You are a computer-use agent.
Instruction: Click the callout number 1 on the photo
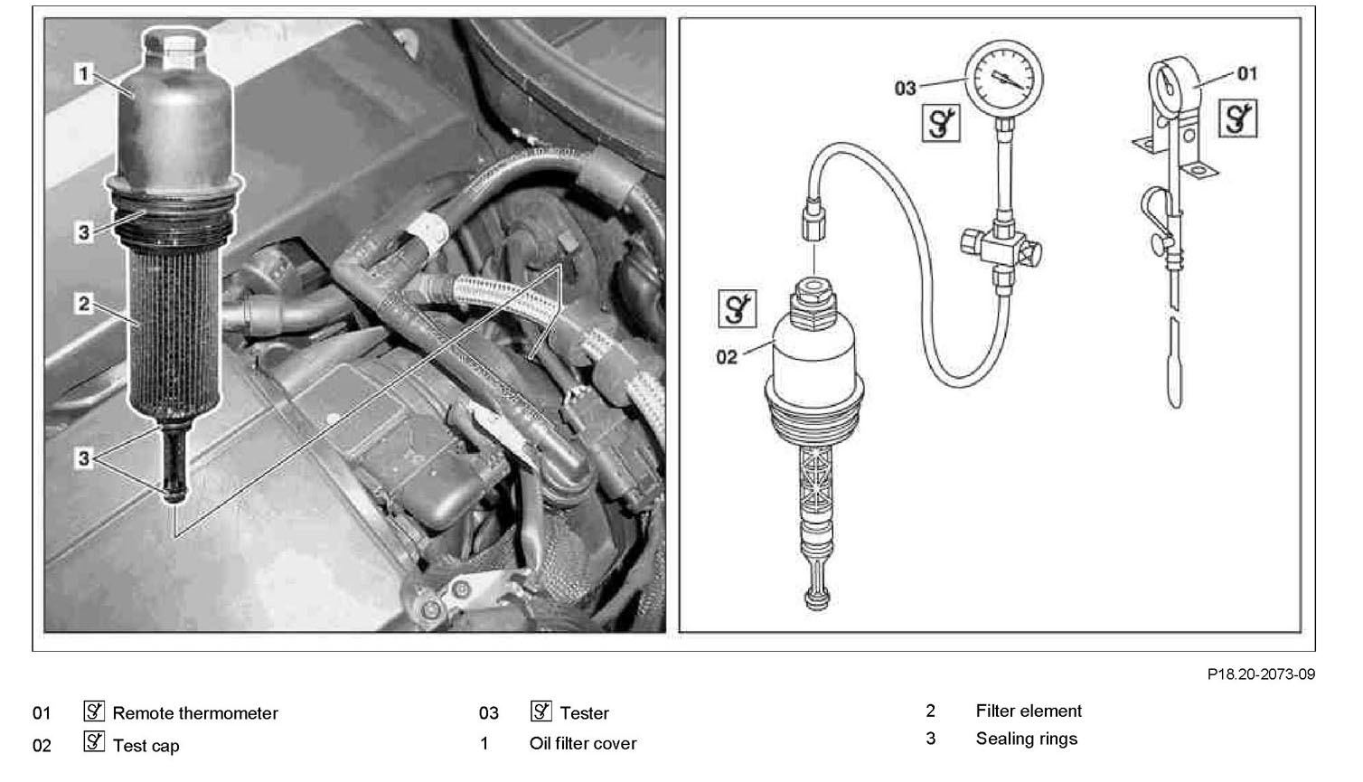[x=84, y=73]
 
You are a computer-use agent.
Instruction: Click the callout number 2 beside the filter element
[x=84, y=303]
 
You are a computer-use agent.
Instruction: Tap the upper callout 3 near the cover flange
[x=84, y=232]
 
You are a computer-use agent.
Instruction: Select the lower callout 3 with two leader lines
[x=84, y=458]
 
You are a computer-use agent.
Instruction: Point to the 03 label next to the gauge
[x=905, y=88]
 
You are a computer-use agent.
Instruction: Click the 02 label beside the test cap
[x=727, y=357]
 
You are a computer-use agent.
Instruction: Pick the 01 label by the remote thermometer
[x=1246, y=72]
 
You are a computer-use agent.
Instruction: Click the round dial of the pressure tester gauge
[x=1003, y=80]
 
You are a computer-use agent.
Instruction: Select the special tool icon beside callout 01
[x=1238, y=118]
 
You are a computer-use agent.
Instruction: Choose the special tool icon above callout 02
[x=737, y=309]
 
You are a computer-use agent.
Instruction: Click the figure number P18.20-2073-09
[x=1261, y=674]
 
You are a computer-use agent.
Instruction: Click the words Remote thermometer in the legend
[x=195, y=713]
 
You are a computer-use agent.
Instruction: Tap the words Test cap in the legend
[x=146, y=746]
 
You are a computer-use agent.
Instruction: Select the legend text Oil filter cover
[x=583, y=743]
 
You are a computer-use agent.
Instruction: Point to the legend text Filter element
[x=1029, y=711]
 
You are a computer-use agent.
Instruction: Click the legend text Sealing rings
[x=1027, y=739]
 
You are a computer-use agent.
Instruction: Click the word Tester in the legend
[x=585, y=713]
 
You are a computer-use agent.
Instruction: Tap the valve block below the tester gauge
[x=1001, y=246]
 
